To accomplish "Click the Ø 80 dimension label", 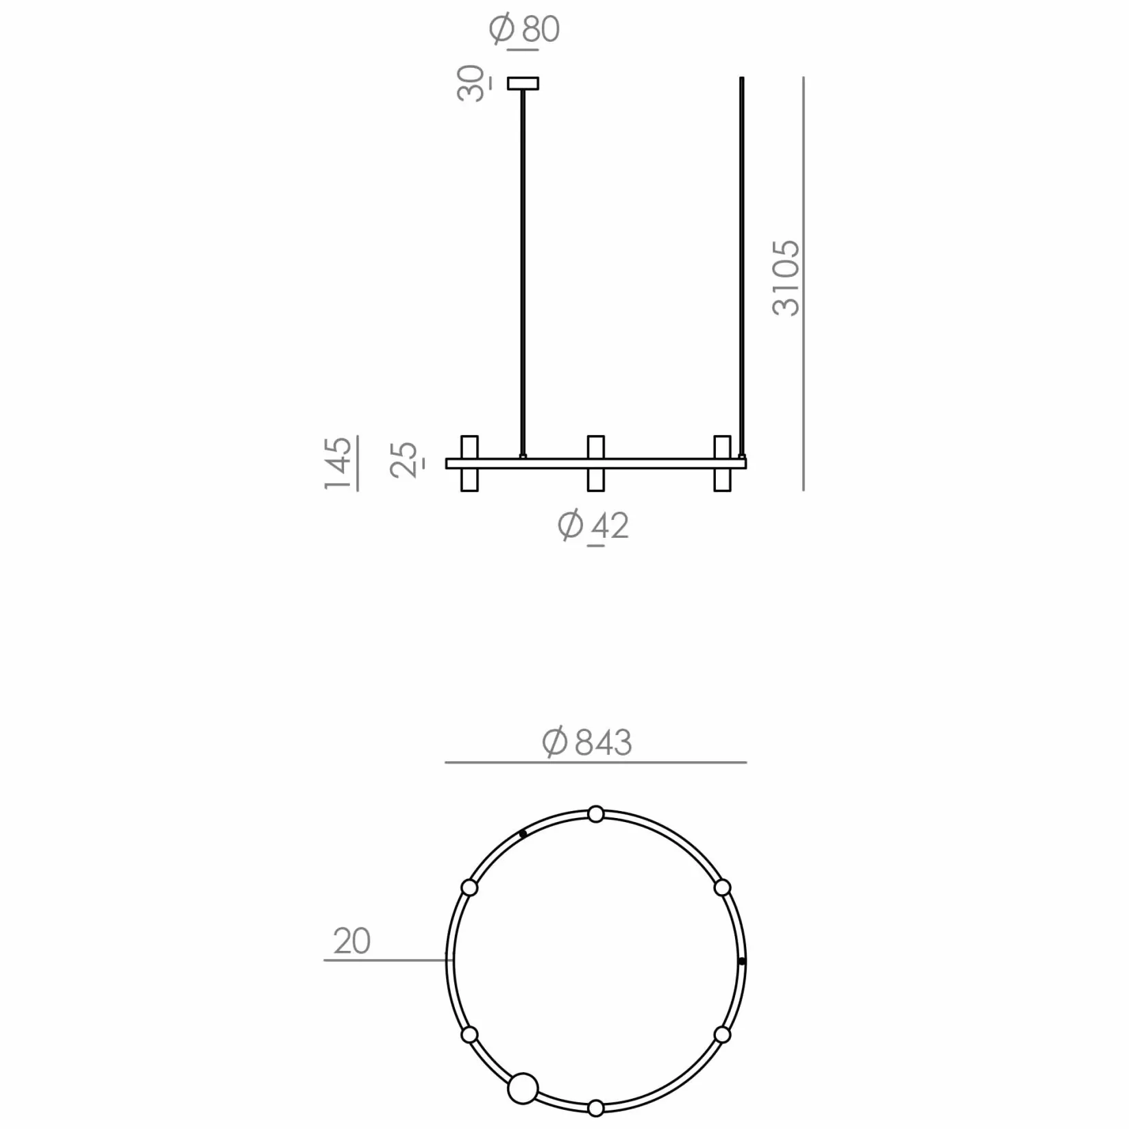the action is pyautogui.click(x=525, y=29).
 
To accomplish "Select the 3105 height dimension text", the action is pyautogui.click(x=786, y=278).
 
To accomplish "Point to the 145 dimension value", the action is pyautogui.click(x=338, y=464).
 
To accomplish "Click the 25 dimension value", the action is pyautogui.click(x=404, y=460).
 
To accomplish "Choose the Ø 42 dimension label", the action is pyautogui.click(x=593, y=525).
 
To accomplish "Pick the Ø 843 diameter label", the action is pyautogui.click(x=587, y=742).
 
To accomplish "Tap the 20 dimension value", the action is pyautogui.click(x=352, y=941).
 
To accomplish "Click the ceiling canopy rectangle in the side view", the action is pyautogui.click(x=523, y=84).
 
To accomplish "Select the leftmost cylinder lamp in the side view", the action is pyautogui.click(x=469, y=463).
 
